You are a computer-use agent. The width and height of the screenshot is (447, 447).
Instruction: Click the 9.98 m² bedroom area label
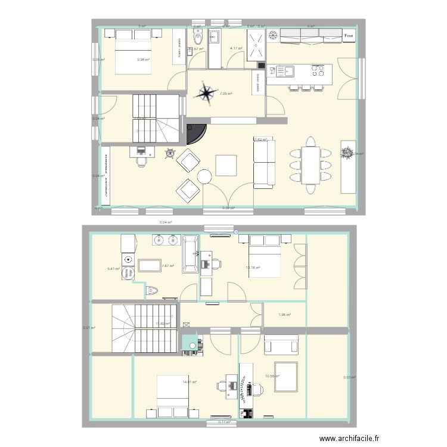[143, 60]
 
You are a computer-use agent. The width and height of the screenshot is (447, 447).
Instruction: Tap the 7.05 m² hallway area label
[225, 94]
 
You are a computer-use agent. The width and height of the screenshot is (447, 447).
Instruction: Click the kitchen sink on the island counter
[283, 72]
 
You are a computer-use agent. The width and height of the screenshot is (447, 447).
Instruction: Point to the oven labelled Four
[349, 37]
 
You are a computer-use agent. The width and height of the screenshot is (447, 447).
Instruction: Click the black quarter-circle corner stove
[196, 134]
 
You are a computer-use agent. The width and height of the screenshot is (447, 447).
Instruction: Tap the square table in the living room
[226, 165]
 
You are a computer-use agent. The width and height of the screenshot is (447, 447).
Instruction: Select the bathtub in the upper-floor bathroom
[191, 254]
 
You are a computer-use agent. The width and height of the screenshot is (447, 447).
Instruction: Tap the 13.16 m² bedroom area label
[253, 268]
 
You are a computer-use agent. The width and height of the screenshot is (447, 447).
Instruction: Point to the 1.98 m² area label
[284, 315]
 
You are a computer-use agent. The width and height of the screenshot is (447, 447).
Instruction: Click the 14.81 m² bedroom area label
[190, 383]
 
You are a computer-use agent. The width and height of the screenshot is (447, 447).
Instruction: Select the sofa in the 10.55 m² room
[281, 345]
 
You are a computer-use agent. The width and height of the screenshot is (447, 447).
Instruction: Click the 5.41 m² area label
[114, 269]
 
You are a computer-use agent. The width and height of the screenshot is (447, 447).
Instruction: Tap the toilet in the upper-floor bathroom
[153, 291]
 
